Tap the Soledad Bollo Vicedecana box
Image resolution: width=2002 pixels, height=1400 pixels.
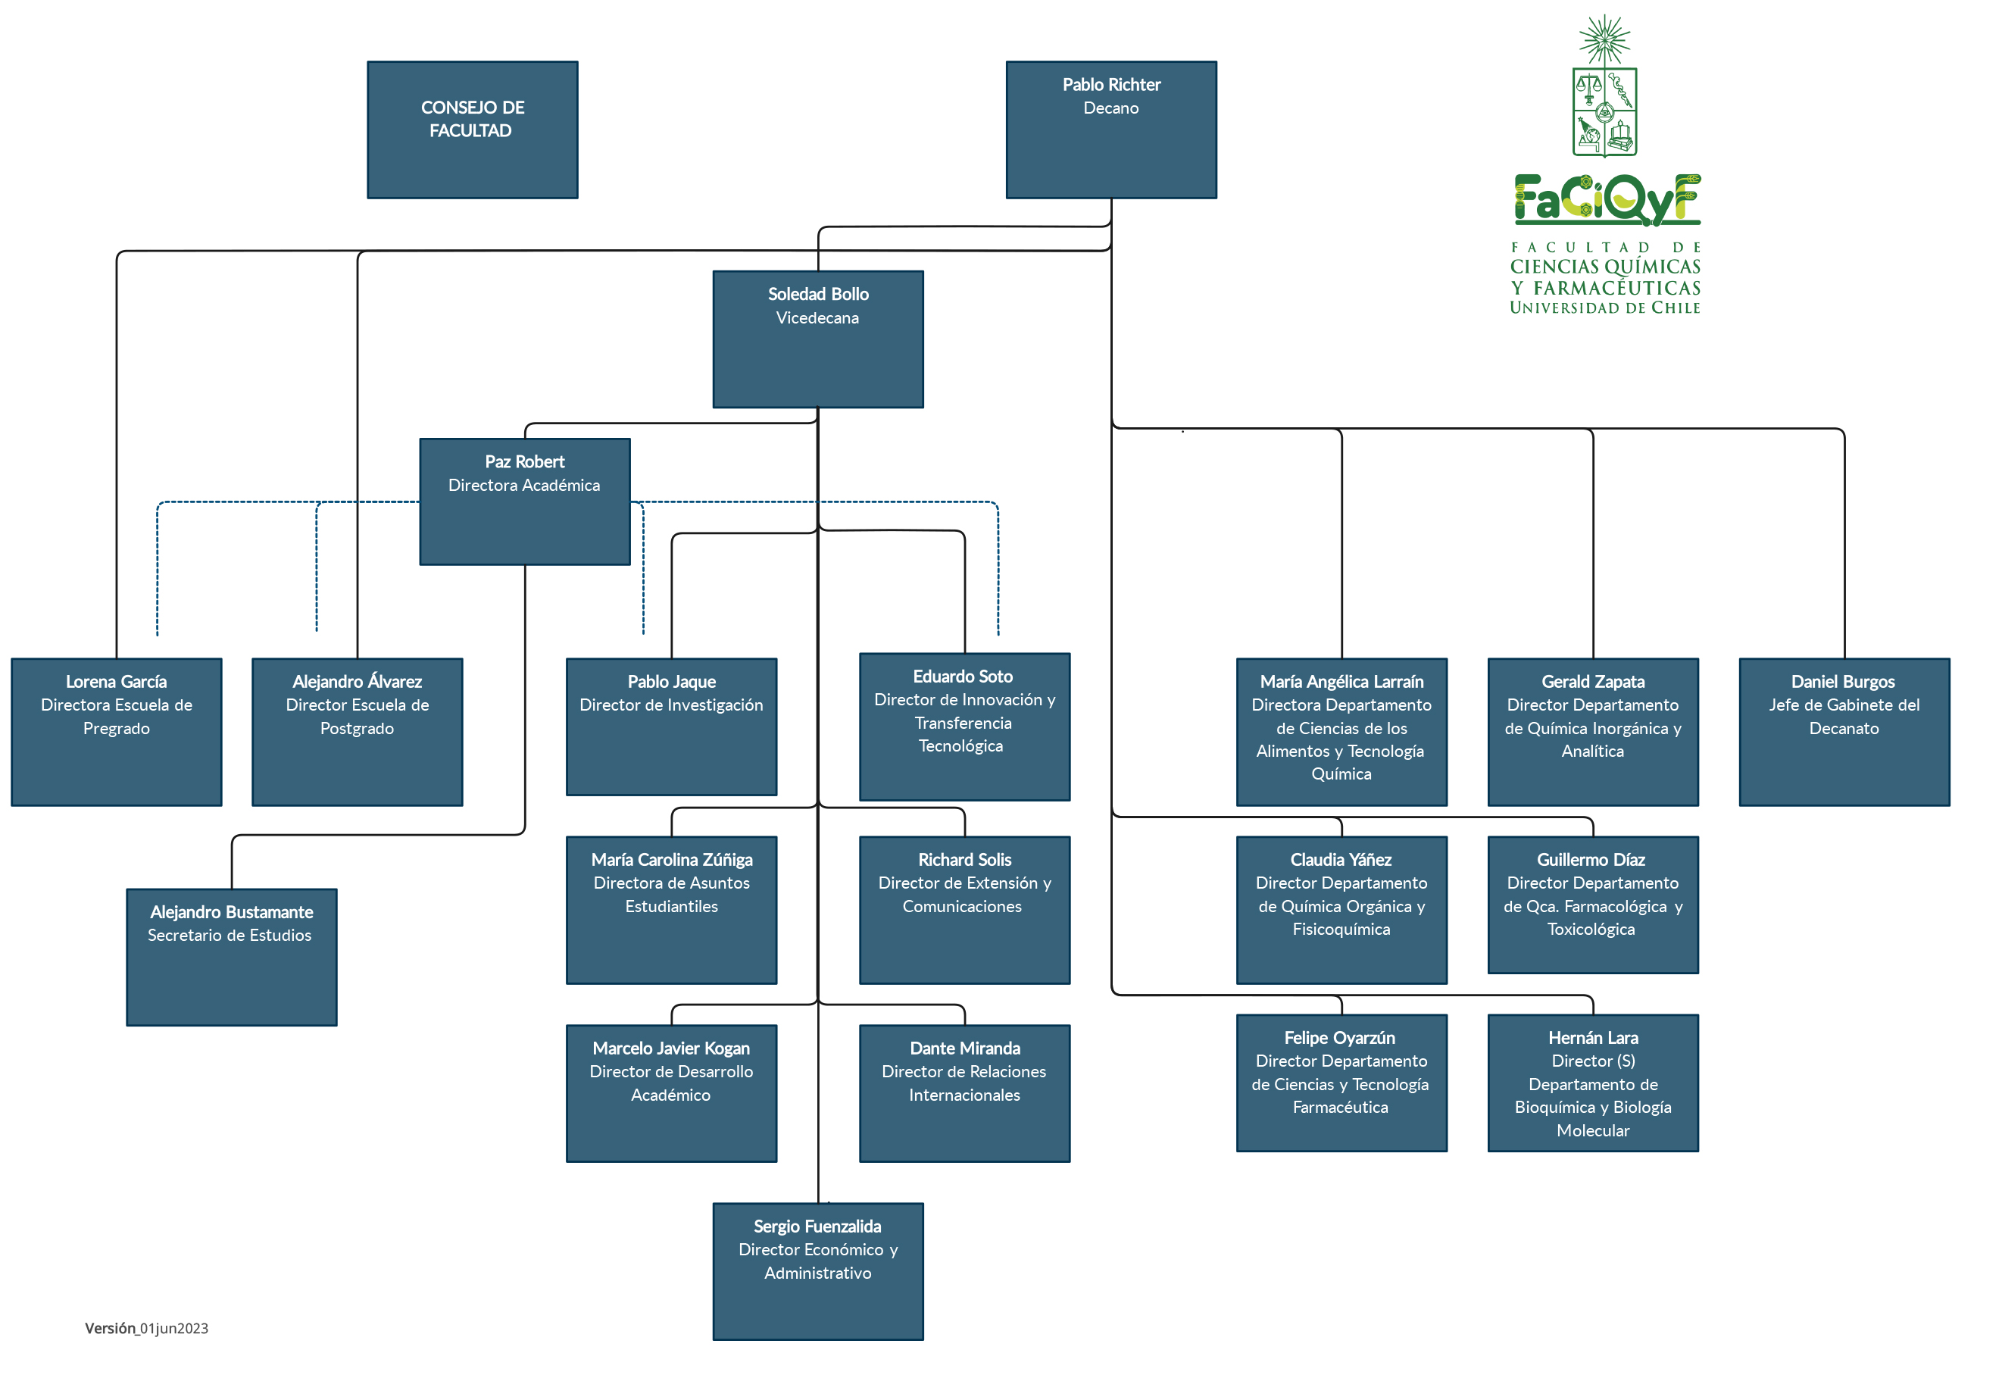818,339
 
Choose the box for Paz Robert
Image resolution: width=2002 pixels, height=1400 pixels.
525,502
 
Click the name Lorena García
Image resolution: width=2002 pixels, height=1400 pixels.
116,681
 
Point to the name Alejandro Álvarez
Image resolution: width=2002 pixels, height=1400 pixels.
358,681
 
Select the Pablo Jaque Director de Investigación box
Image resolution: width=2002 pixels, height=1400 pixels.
671,727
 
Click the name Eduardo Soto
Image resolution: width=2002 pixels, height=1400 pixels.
963,676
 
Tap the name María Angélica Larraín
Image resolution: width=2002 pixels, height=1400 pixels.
1342,681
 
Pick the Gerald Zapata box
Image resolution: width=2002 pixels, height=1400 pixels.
1593,732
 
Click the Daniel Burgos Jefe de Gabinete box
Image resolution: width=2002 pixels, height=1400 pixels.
1844,732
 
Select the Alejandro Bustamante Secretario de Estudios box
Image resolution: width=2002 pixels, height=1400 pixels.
232,957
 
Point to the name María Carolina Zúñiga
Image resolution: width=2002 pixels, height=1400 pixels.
671,859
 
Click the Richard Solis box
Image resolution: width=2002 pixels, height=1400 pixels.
964,910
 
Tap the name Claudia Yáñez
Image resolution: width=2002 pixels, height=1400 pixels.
1341,859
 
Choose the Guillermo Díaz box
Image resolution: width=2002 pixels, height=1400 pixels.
1593,905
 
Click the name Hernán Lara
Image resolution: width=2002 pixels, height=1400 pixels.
1593,1037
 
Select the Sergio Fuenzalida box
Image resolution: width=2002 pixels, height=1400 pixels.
818,1271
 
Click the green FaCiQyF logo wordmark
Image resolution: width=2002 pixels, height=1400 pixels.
1607,200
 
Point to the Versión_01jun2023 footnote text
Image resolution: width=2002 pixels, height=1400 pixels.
146,1327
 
